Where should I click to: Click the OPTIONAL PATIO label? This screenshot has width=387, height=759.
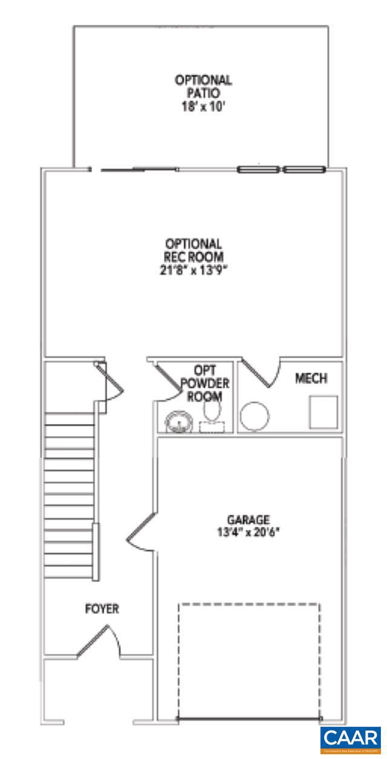pos(203,86)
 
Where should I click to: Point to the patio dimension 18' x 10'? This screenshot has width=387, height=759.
pos(203,107)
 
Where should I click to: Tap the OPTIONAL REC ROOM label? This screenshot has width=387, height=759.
pos(194,249)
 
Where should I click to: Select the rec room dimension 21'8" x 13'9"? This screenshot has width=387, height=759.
pos(194,269)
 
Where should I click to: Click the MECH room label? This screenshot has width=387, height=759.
pos(311,379)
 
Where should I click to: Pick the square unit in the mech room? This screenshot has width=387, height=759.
pos(324,412)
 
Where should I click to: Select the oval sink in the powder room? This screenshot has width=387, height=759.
pos(176,420)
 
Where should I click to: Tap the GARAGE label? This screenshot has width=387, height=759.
pos(248,520)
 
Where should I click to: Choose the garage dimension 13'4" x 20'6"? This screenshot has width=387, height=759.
pos(248,533)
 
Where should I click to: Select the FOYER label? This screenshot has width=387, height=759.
pos(102,609)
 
